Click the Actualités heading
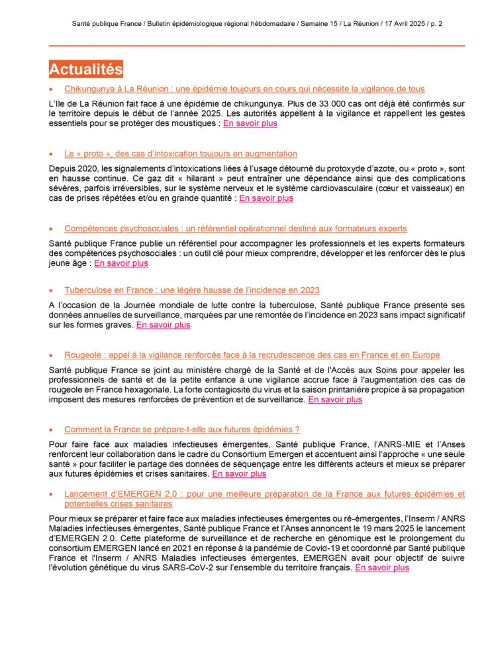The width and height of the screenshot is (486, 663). coord(86,69)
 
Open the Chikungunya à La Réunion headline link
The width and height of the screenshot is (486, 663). coord(244,89)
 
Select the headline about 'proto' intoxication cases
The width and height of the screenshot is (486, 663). coord(181,154)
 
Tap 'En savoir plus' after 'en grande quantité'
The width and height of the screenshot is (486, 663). coord(266,198)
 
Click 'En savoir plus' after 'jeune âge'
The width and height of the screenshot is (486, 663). coord(121,263)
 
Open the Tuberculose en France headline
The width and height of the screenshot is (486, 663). coord(192,290)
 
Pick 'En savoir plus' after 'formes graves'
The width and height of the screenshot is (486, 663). coord(163,325)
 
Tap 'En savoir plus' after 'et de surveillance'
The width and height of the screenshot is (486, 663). coord(335,400)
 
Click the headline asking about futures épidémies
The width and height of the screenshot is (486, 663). coord(182,430)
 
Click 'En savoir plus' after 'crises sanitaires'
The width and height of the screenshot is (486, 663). coord(239,474)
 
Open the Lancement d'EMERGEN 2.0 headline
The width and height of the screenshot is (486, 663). coord(264,499)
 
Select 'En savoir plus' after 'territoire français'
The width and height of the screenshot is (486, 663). coord(382,568)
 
